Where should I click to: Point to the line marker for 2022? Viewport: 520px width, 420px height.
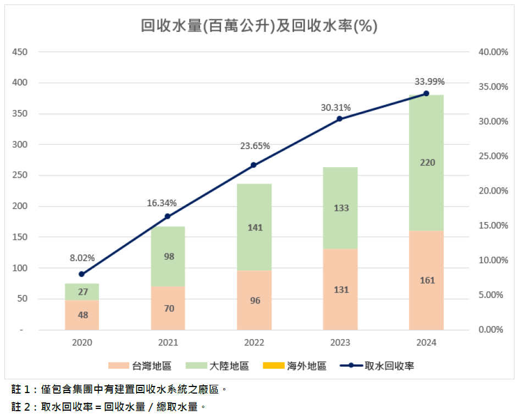point(253,165)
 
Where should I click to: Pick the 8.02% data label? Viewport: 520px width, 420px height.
point(82,257)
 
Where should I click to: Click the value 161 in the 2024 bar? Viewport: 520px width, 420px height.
point(427,280)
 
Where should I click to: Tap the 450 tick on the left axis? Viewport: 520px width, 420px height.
point(20,52)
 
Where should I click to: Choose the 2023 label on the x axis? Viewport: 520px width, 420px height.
point(340,343)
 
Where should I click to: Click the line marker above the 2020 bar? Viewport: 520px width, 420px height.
point(82,274)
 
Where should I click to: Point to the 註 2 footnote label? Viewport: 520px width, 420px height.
point(21,407)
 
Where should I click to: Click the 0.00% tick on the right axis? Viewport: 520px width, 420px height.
point(490,330)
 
